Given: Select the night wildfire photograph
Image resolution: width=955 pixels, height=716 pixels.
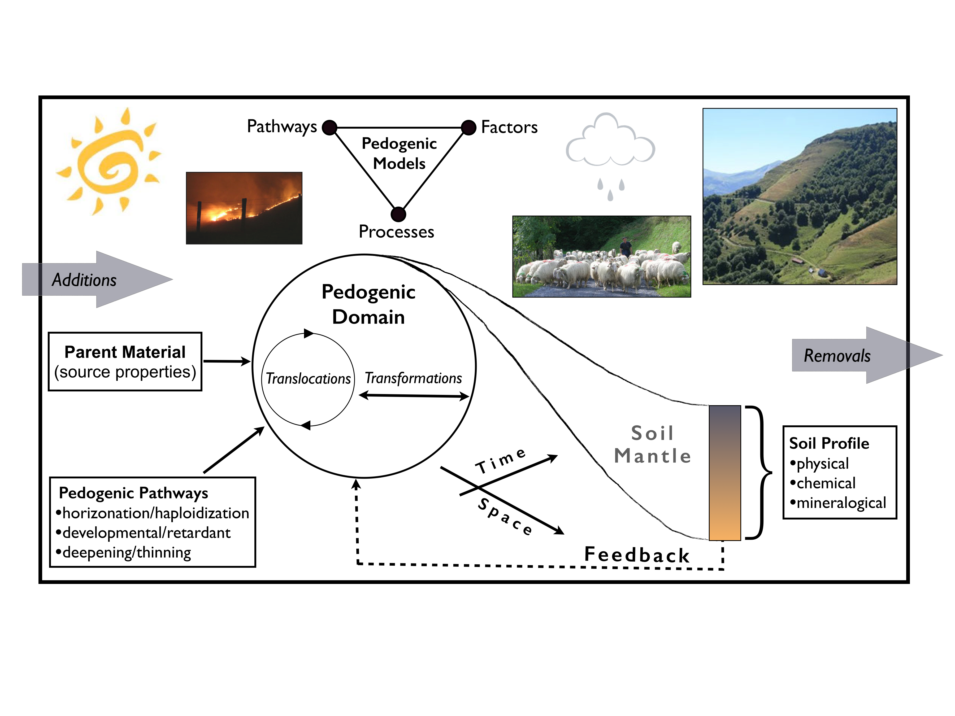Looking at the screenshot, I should pyautogui.click(x=244, y=208).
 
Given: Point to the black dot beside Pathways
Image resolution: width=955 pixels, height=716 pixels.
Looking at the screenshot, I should pyautogui.click(x=329, y=128).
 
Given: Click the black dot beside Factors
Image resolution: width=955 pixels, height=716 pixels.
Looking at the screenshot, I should pyautogui.click(x=468, y=128).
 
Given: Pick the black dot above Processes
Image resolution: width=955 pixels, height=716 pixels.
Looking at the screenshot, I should pyautogui.click(x=398, y=214).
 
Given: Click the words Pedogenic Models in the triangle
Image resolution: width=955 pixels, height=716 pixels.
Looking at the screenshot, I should pyautogui.click(x=399, y=153).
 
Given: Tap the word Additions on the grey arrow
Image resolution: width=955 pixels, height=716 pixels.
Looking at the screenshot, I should pyautogui.click(x=84, y=280).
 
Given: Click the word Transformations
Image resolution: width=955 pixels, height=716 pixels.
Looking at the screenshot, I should pyautogui.click(x=413, y=378).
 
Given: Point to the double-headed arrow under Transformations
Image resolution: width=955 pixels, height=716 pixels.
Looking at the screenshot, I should pyautogui.click(x=414, y=396).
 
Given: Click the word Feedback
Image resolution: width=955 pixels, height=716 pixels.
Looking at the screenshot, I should pyautogui.click(x=637, y=555).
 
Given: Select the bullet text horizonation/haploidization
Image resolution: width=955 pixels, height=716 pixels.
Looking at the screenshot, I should pyautogui.click(x=155, y=513).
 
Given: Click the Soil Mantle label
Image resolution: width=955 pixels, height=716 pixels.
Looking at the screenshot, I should pyautogui.click(x=652, y=444).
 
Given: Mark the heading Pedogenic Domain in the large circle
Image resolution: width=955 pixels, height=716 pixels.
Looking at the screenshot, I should pyautogui.click(x=368, y=304).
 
